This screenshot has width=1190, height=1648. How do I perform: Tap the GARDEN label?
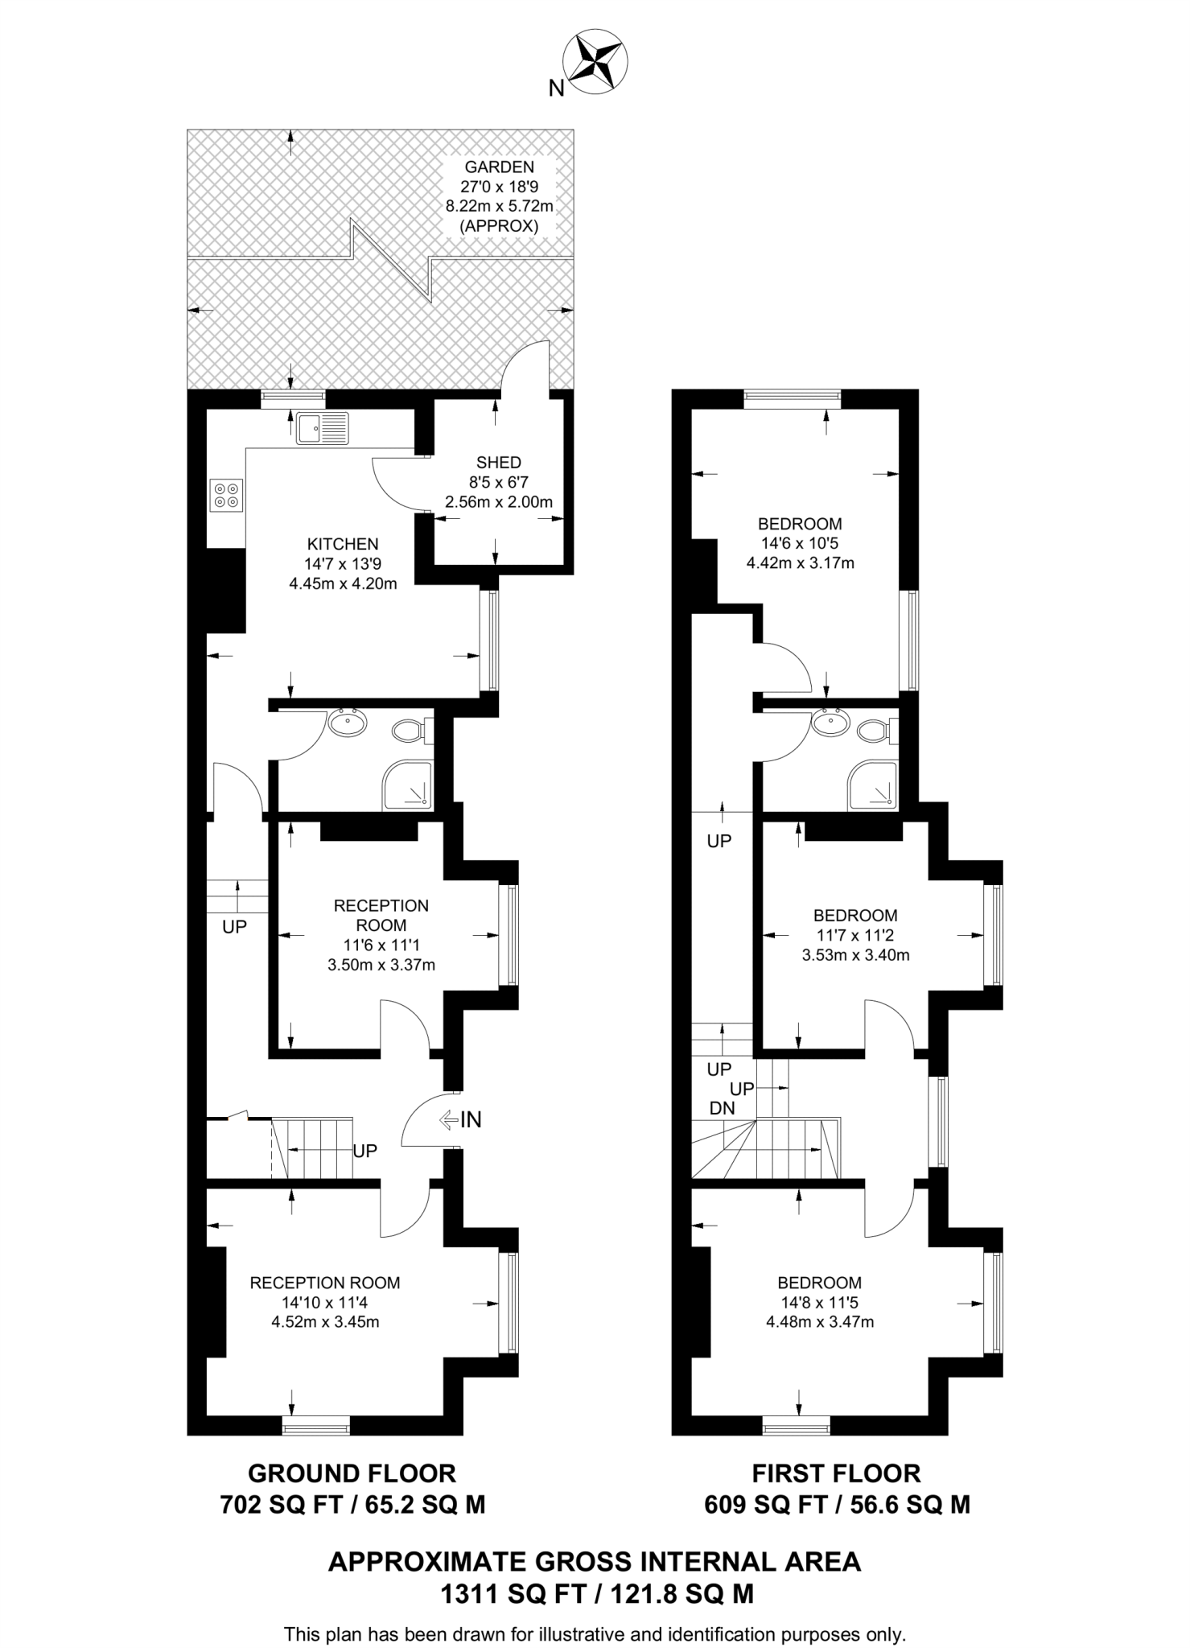[x=499, y=167]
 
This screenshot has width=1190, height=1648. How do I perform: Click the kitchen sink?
[x=322, y=428]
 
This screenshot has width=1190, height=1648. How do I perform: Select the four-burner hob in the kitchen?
[x=226, y=495]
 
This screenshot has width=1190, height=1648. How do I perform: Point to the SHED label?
[x=499, y=463]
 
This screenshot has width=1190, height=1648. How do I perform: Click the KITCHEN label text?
[x=343, y=545]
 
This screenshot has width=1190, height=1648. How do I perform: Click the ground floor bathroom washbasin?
[x=348, y=722]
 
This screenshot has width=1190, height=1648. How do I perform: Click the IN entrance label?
[x=470, y=1119]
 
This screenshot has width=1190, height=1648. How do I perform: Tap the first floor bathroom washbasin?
[x=830, y=722]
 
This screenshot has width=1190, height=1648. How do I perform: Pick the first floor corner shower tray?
[x=872, y=785]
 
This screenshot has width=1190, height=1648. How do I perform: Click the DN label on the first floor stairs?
[x=722, y=1108]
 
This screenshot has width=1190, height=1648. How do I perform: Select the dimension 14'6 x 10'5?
[x=800, y=543]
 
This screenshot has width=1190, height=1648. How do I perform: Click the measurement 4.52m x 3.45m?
[x=325, y=1321]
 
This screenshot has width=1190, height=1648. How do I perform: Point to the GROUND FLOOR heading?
[x=352, y=1473]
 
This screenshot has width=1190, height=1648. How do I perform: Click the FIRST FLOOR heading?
[x=836, y=1473]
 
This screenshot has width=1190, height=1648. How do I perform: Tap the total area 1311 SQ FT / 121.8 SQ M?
[x=596, y=1593]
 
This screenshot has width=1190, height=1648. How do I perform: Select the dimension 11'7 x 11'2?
[x=854, y=935]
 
